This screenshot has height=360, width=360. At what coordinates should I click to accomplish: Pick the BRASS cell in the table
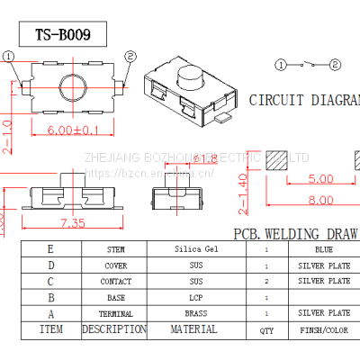click(195, 313)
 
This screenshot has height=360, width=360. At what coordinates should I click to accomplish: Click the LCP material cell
click(195, 297)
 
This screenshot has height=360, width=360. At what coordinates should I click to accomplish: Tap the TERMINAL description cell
click(114, 313)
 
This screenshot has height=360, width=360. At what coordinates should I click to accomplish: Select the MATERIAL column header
click(195, 329)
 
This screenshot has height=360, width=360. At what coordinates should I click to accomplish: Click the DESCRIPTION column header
click(114, 329)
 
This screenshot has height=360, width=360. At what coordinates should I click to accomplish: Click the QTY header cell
click(266, 330)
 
